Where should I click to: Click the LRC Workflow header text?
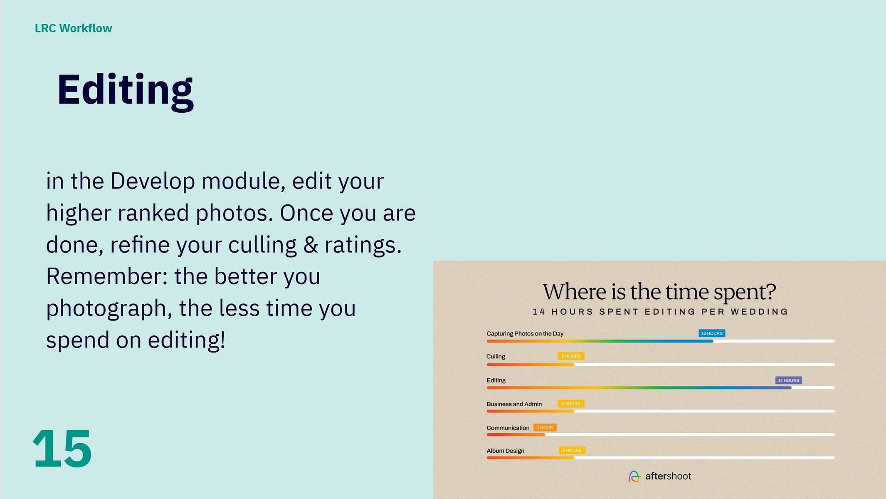(x=73, y=28)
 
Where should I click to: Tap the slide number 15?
(x=62, y=449)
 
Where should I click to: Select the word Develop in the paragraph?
(x=153, y=182)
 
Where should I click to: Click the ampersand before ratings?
(x=311, y=245)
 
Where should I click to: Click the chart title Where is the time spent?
(x=659, y=292)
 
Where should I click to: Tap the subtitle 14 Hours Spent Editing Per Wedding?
(x=660, y=312)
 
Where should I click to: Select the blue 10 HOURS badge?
(x=712, y=333)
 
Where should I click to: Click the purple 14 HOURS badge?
(x=789, y=380)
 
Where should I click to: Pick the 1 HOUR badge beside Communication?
(x=545, y=427)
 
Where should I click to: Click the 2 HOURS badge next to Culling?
(x=571, y=356)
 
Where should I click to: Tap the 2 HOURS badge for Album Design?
(x=572, y=450)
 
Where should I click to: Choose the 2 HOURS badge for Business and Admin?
(x=571, y=404)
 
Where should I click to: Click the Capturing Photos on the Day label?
(x=525, y=334)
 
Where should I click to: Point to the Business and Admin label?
(x=514, y=404)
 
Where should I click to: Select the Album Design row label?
(x=506, y=451)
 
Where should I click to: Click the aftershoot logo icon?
(x=634, y=476)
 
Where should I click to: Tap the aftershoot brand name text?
(x=668, y=476)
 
